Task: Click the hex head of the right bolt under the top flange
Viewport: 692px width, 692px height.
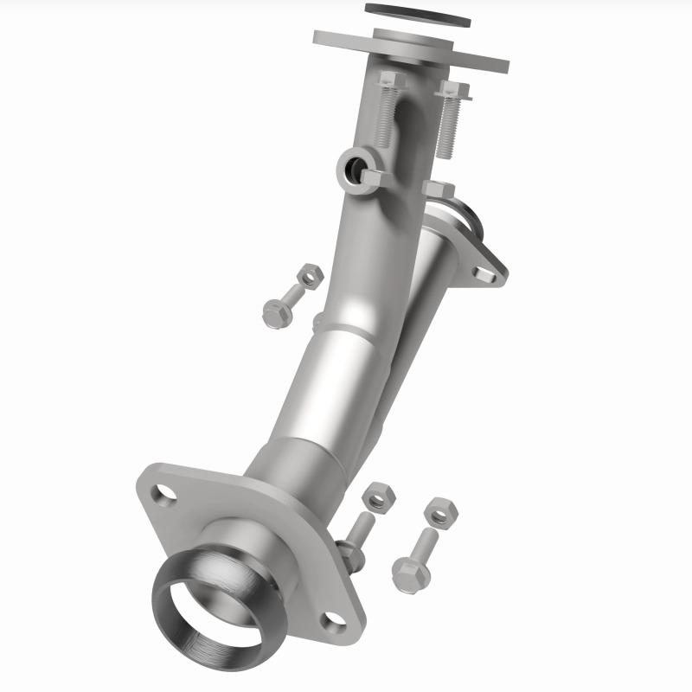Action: click(453, 89)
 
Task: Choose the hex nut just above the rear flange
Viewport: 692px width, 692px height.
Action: click(439, 190)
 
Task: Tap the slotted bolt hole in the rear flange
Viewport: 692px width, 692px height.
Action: click(484, 275)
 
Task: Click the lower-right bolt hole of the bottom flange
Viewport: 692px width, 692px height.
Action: click(333, 619)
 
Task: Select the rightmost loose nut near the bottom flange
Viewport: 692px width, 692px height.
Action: click(441, 512)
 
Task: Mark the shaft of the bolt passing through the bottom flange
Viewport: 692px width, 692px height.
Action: click(361, 529)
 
